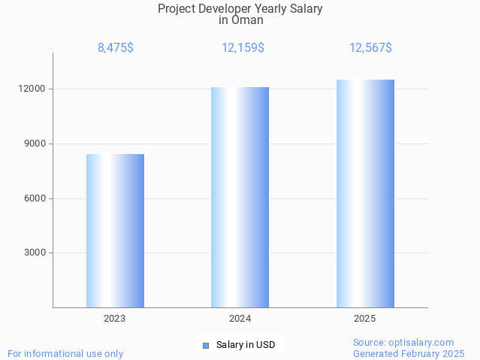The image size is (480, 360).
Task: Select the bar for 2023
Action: coord(115,231)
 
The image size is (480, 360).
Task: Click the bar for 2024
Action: coord(240,197)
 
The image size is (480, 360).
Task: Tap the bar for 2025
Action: coord(365,193)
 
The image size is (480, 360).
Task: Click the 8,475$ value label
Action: coord(116,48)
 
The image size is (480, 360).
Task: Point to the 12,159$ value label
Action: coord(243,48)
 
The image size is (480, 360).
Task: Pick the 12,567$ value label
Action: coord(370,48)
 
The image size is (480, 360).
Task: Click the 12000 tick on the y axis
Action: coord(32,89)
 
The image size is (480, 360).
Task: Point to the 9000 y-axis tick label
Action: coord(35,144)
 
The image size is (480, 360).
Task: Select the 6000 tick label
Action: coord(35,198)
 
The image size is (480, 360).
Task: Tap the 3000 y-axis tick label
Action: coord(35,253)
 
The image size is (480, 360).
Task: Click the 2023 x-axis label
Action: coord(115,319)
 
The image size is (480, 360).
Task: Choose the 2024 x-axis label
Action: coord(240,319)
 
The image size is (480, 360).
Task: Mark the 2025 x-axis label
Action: coord(365,319)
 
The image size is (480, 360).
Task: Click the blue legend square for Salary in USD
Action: coord(205,346)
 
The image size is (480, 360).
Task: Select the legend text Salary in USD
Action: coord(245,346)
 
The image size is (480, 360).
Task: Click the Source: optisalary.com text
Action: coord(403,343)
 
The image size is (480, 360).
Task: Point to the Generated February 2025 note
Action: coord(409,353)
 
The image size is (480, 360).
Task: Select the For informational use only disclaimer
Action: coord(65,353)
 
